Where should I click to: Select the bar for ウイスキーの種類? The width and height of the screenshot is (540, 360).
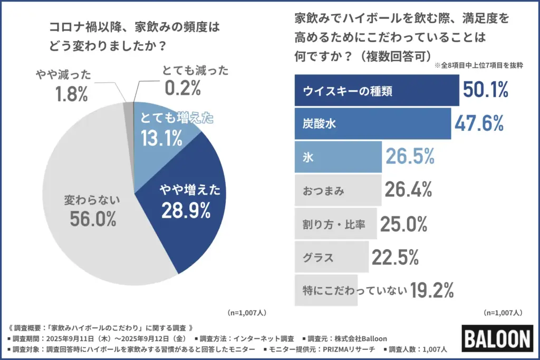tap(375, 90)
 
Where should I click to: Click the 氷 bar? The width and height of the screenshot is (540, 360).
tap(337, 157)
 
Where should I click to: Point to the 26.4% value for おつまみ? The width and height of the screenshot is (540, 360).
tap(409, 190)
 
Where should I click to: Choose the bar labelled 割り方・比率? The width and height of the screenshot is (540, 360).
tap(335, 225)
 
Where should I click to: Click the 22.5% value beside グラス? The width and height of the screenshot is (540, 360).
tap(396, 258)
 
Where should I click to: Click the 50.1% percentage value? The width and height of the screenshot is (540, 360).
tap(486, 90)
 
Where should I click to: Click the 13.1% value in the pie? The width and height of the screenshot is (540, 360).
tap(161, 138)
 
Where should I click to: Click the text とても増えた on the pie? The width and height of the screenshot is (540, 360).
tap(177, 119)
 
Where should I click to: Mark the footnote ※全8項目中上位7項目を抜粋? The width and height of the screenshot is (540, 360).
tap(478, 67)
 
